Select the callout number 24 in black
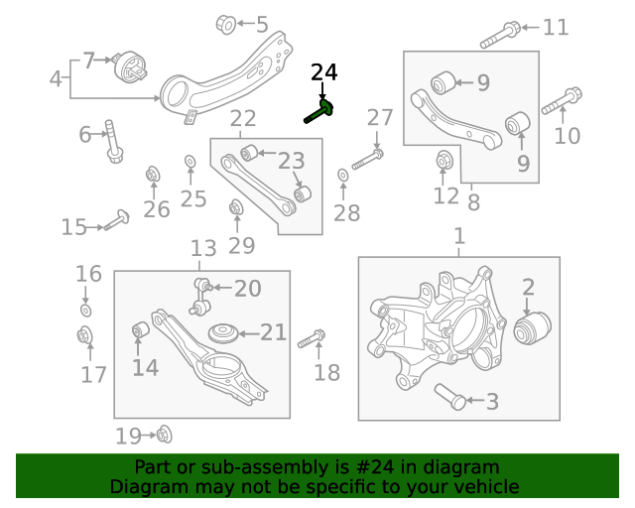[323, 72]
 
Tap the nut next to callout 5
[224, 23]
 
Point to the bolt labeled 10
[562, 101]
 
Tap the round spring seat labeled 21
[221, 333]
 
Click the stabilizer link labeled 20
[202, 290]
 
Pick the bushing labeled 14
[141, 329]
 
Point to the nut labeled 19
[164, 435]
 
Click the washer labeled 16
[85, 312]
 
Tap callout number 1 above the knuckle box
[458, 237]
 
